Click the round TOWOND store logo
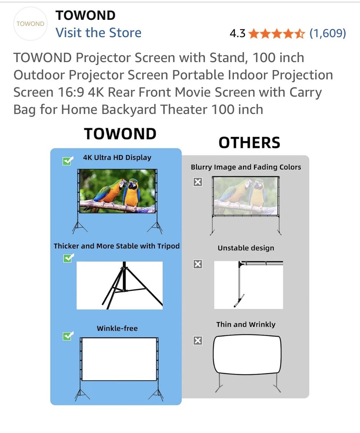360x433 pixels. point(30,24)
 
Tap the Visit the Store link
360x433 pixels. point(98,33)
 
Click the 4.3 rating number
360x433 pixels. point(237,34)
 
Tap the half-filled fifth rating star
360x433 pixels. point(300,34)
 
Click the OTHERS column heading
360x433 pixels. point(250,143)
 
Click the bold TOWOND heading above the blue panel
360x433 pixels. point(120,134)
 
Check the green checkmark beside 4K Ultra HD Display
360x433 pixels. point(68,161)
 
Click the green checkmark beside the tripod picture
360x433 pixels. point(69,258)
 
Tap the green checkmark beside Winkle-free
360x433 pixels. point(68,336)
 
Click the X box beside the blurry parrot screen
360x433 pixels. point(198,182)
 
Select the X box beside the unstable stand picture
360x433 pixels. point(198,264)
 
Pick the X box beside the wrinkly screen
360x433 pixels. point(198,341)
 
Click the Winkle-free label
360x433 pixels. point(117,328)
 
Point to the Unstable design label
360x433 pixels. point(246,248)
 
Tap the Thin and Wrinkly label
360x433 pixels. point(246,324)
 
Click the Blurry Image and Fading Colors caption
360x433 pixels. point(246,167)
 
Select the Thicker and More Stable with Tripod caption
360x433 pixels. point(117,246)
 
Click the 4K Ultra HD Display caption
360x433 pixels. point(117,158)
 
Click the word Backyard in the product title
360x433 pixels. point(129,109)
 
